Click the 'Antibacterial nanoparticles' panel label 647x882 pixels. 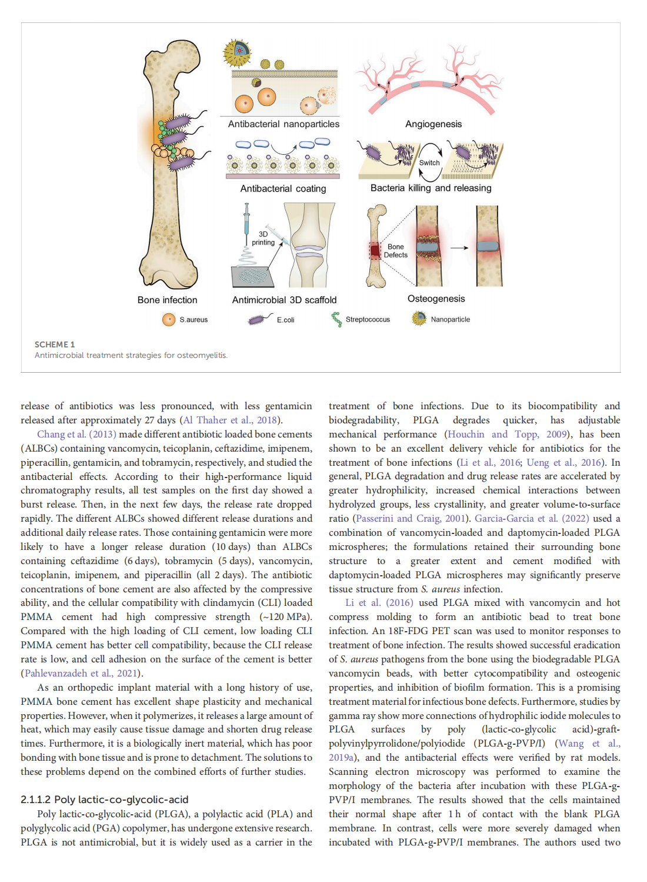[x=284, y=124]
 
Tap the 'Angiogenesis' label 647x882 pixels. [x=433, y=124]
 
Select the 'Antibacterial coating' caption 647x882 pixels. [x=283, y=189]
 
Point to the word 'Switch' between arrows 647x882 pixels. [x=429, y=163]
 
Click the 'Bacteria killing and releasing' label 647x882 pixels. [x=431, y=188]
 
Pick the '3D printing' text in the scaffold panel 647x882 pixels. [x=263, y=238]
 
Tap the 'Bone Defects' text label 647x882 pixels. [x=396, y=251]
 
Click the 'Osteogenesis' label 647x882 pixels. [x=436, y=299]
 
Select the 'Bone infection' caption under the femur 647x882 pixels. [x=167, y=300]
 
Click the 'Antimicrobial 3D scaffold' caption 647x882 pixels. [x=284, y=300]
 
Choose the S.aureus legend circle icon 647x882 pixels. [x=169, y=320]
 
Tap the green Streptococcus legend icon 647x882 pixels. [x=336, y=319]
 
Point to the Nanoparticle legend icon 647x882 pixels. [x=419, y=319]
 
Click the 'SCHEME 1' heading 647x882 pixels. [x=55, y=344]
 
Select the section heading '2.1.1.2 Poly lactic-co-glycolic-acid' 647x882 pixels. [x=104, y=800]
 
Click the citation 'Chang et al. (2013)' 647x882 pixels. [x=76, y=435]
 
